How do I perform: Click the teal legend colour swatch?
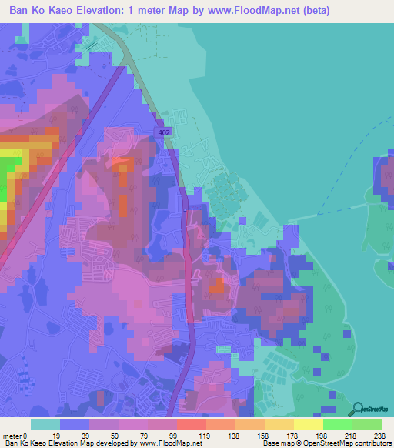tap(44, 424)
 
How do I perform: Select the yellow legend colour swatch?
tap(308, 424)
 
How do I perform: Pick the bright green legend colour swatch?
tap(337, 424)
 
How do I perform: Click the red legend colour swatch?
tap(190, 424)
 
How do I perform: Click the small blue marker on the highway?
tap(185, 210)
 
